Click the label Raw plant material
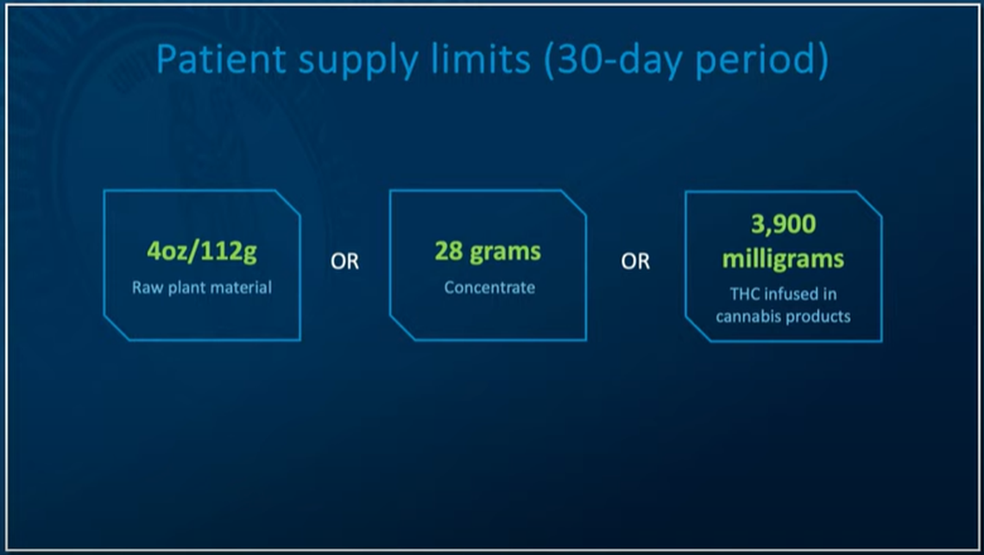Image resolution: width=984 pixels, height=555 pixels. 201,287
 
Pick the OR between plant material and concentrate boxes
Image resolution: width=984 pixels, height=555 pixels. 344,262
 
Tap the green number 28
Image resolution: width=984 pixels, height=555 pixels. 449,251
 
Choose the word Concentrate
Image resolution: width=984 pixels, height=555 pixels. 489,287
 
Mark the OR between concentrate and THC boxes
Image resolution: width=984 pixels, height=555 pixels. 635,262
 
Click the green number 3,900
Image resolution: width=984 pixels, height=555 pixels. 784,224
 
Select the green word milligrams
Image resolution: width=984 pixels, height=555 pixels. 783,259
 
